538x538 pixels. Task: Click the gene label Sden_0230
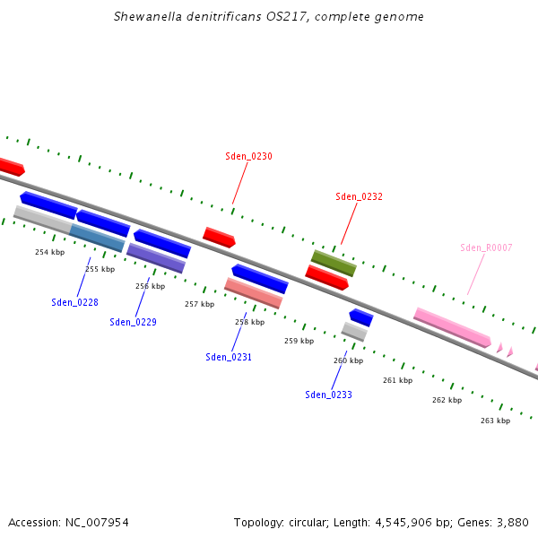click(248, 156)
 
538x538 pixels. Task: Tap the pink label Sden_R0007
click(486, 247)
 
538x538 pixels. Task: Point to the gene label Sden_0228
click(74, 302)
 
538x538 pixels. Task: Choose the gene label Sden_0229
click(133, 322)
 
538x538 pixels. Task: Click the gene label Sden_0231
click(229, 357)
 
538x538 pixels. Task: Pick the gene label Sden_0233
click(328, 395)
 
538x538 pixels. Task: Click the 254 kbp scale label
click(50, 252)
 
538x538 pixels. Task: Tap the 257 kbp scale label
click(199, 304)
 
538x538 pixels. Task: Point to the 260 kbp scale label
click(348, 360)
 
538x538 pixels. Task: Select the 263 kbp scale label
click(495, 421)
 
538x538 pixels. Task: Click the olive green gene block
click(334, 263)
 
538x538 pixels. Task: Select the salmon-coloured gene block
click(253, 292)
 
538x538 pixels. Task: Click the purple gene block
click(156, 258)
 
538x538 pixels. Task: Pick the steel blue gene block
click(97, 238)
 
